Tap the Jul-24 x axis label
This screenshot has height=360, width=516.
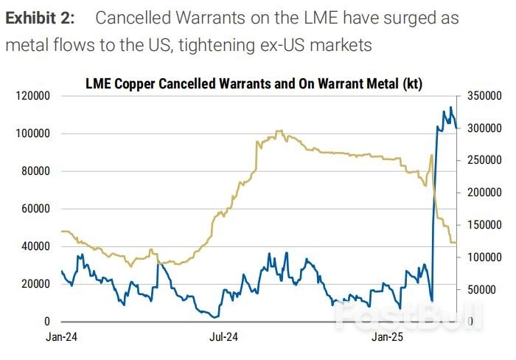(223, 337)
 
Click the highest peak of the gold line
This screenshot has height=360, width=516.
(279, 131)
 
